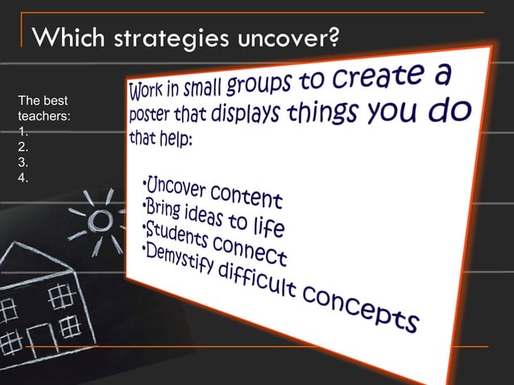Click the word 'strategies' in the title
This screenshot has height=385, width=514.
165,37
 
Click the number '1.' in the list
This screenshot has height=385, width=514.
25,132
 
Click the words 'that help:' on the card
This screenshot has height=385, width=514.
161,138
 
